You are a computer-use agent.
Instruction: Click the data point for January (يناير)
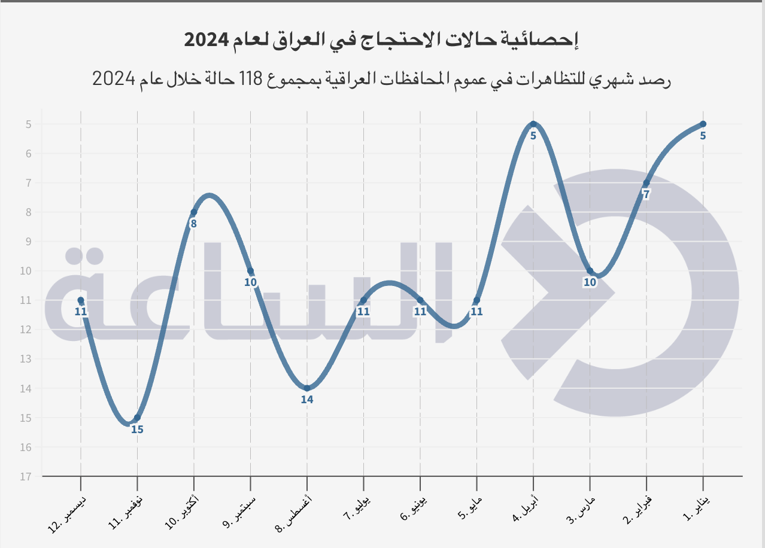click(703, 124)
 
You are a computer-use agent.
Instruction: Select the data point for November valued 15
click(137, 418)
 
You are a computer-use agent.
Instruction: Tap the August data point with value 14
click(307, 388)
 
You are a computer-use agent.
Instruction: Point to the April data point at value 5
click(533, 124)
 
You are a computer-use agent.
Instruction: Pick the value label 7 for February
click(646, 194)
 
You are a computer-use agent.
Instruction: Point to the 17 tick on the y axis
click(25, 477)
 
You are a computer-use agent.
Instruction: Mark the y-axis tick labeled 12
click(25, 330)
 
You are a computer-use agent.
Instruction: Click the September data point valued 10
click(250, 271)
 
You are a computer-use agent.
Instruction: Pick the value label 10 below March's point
click(590, 282)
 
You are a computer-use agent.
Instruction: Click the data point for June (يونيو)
click(420, 300)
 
